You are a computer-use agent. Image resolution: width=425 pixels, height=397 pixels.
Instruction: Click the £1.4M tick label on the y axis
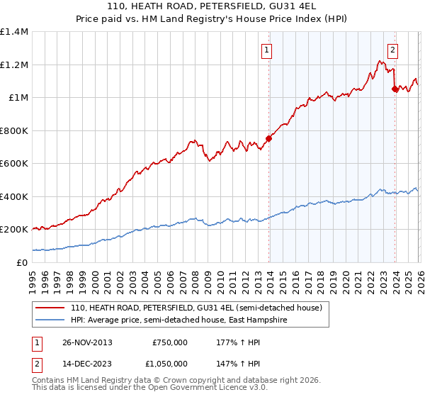pos(14,32)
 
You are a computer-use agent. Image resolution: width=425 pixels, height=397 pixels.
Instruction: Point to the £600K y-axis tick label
pos(14,164)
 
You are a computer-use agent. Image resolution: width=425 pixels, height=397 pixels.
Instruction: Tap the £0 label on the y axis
pos(21,262)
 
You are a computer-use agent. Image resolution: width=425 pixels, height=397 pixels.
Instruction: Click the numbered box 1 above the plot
pos(267,50)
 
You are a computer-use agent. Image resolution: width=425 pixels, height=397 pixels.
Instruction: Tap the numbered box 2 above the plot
pos(392,50)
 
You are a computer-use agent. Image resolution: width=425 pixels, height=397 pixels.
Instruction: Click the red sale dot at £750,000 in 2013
pos(268,139)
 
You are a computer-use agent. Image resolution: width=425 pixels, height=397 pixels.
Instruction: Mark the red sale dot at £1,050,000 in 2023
pos(395,89)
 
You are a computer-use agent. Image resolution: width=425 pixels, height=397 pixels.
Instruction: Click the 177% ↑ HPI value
pos(237,342)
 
